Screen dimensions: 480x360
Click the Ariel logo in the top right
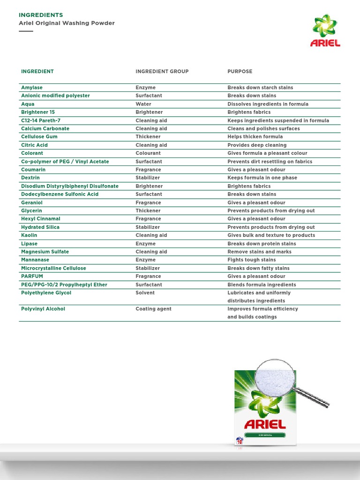[x=325, y=30]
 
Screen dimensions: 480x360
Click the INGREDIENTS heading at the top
[x=41, y=15]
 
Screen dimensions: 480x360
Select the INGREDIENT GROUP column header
[x=162, y=72]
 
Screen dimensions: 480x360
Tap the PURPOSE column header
[x=240, y=72]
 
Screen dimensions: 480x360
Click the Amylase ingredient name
[x=32, y=88]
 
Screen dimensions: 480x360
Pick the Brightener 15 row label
[x=38, y=112]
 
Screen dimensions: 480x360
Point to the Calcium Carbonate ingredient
[x=45, y=128]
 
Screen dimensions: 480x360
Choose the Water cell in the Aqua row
[x=143, y=104]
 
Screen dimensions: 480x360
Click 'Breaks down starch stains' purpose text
[x=260, y=88]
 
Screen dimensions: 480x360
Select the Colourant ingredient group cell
[x=148, y=153]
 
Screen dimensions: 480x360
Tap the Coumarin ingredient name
[x=33, y=170]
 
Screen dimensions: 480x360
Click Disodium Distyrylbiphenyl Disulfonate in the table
[x=70, y=186]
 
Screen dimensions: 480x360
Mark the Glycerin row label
[x=32, y=210]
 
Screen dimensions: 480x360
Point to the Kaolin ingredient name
[x=29, y=235]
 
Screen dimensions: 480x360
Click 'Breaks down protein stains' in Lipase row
[x=262, y=244]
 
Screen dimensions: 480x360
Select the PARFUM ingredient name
[x=32, y=277]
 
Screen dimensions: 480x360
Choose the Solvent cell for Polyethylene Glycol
[x=145, y=293]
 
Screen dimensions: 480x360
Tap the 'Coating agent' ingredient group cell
[x=154, y=309]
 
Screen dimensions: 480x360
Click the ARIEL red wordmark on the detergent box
[x=265, y=425]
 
